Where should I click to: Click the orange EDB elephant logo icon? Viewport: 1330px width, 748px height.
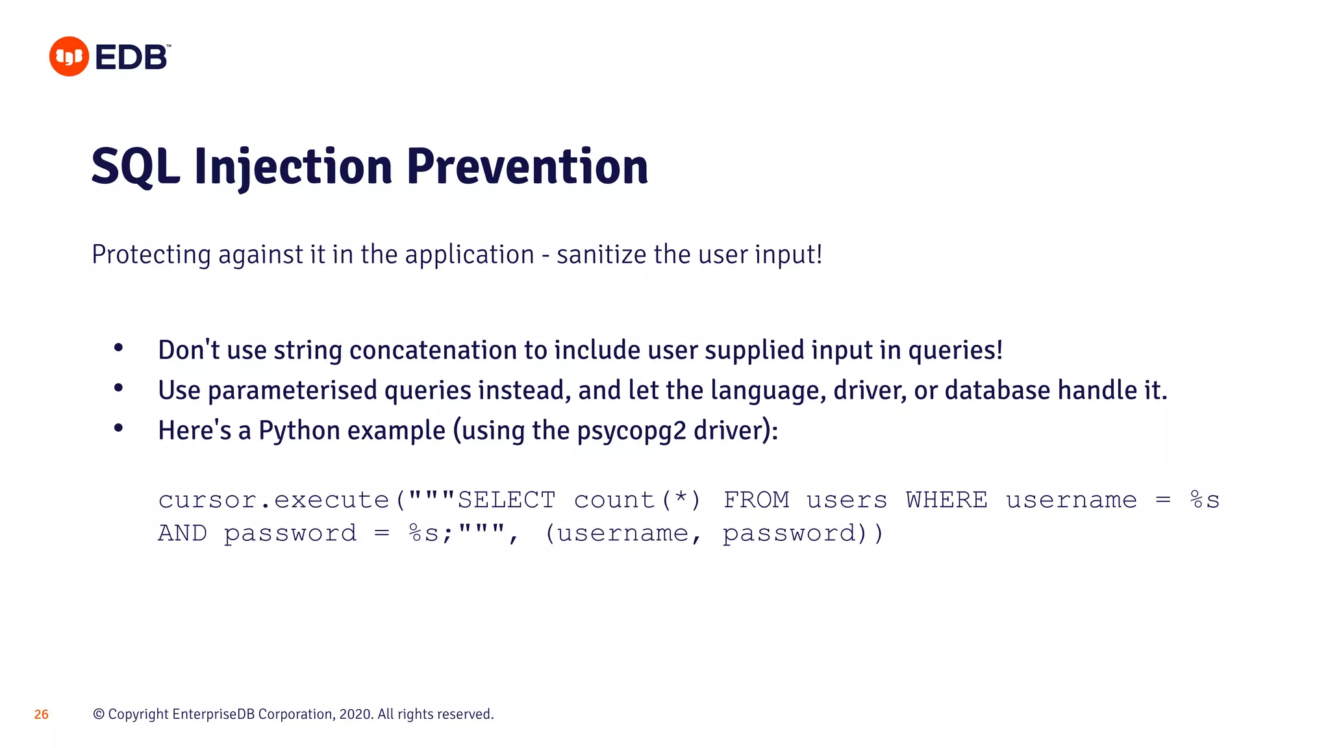point(69,56)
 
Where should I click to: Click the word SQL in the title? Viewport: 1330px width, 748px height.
point(135,167)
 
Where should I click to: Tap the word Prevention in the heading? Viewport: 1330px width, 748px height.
point(527,167)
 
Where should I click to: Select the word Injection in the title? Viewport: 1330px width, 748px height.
point(293,167)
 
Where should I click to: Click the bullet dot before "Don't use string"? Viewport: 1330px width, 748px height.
point(118,348)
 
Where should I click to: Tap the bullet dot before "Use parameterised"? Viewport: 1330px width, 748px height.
point(118,388)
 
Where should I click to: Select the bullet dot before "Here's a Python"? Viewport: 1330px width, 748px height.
point(118,428)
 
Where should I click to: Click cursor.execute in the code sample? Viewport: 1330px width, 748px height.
point(273,500)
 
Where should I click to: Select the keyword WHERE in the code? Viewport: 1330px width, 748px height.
point(946,500)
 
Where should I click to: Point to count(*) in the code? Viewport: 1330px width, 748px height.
point(637,500)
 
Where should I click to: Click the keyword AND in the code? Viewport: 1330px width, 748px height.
point(182,533)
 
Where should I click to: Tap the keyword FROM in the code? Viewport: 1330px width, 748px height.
point(756,500)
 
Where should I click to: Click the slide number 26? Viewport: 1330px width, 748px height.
point(42,714)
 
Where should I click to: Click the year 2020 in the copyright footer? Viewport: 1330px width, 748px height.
point(355,714)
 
